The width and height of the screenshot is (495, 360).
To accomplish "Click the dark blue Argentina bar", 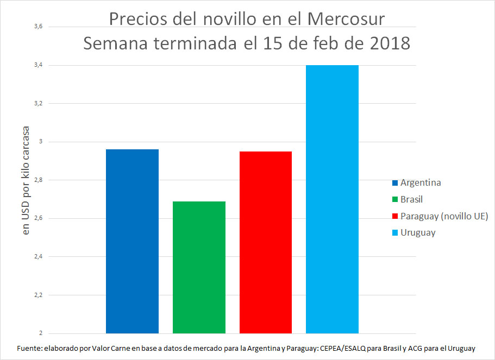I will (132, 241).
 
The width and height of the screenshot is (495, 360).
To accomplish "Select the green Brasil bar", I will (199, 267).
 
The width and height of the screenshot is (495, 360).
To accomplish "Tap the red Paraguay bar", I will (266, 242).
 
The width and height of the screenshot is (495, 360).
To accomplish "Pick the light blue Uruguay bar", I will (332, 199).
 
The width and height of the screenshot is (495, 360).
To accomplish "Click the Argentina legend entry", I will (420, 182).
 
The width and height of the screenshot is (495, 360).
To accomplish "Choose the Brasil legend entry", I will (411, 199).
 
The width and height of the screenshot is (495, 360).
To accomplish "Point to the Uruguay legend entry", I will (417, 233).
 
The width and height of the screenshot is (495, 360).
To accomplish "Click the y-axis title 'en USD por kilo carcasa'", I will (26, 181).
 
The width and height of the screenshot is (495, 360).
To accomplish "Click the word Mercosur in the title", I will (346, 19).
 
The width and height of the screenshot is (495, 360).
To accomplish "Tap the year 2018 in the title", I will (386, 43).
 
